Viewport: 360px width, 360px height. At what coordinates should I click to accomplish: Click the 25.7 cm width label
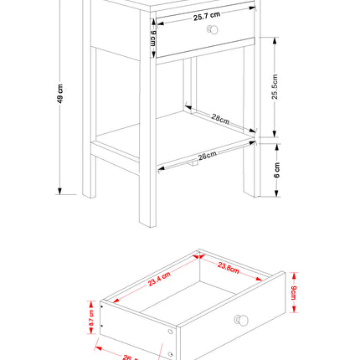pyautogui.click(x=206, y=16)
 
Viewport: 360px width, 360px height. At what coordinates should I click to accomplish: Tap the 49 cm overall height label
pyautogui.click(x=49, y=98)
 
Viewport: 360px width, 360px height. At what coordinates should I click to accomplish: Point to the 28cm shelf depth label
pyautogui.click(x=220, y=121)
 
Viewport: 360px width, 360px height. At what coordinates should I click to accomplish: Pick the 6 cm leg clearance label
pyautogui.click(x=276, y=172)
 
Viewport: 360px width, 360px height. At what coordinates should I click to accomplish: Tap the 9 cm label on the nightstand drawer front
pyautogui.click(x=152, y=38)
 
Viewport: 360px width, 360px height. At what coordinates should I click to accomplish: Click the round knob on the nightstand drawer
pyautogui.click(x=213, y=29)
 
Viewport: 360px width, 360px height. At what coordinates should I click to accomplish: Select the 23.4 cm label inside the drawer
pyautogui.click(x=159, y=278)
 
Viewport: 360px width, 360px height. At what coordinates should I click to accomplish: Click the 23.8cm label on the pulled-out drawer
pyautogui.click(x=229, y=269)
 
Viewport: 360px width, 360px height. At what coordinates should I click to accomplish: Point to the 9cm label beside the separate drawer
pyautogui.click(x=294, y=295)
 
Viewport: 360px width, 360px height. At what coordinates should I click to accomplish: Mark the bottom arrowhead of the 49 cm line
pyautogui.click(x=60, y=191)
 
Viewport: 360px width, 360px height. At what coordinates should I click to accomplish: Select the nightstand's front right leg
pyautogui.click(x=249, y=176)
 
